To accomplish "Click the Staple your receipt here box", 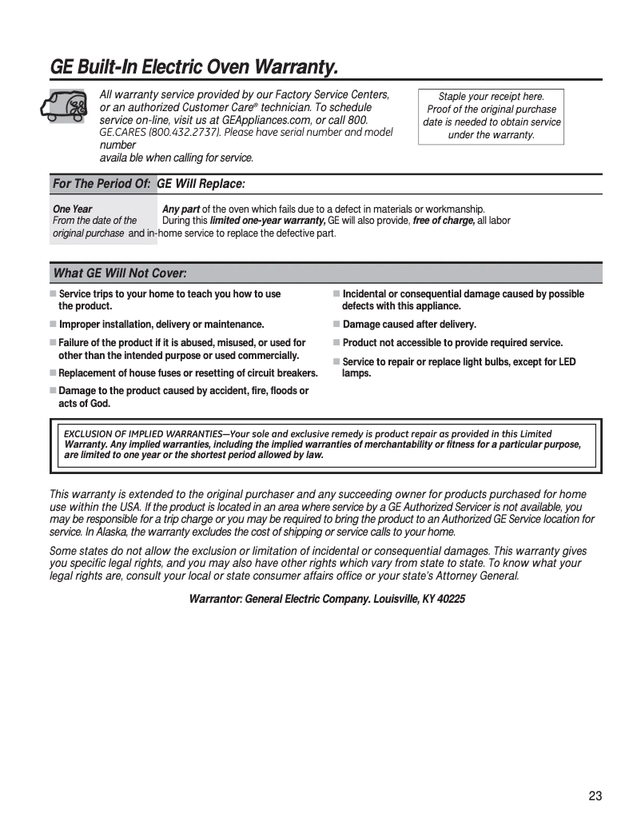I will (x=491, y=116).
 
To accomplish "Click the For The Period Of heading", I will (x=102, y=184).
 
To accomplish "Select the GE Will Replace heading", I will (x=201, y=184).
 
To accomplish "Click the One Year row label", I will (x=72, y=209).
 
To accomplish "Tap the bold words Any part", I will (x=181, y=209).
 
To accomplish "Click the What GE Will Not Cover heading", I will (x=120, y=273).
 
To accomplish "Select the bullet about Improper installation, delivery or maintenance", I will (x=161, y=325).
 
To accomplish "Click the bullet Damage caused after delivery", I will (x=408, y=325).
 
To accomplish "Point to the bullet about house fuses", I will (x=188, y=373).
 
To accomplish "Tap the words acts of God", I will (x=84, y=404).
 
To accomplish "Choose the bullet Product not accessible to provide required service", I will (x=452, y=343).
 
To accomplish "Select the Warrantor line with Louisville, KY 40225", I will (x=326, y=599).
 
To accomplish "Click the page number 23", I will (x=595, y=795).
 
